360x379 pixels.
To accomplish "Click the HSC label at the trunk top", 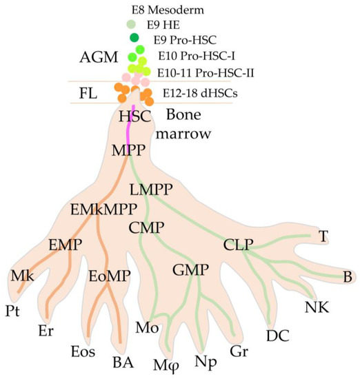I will coord(134,117).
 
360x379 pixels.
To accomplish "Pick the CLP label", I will coord(239,243).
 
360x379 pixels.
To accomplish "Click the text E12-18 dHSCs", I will coord(197,92).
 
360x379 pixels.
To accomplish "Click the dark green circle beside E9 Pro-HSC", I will coord(134,37).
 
